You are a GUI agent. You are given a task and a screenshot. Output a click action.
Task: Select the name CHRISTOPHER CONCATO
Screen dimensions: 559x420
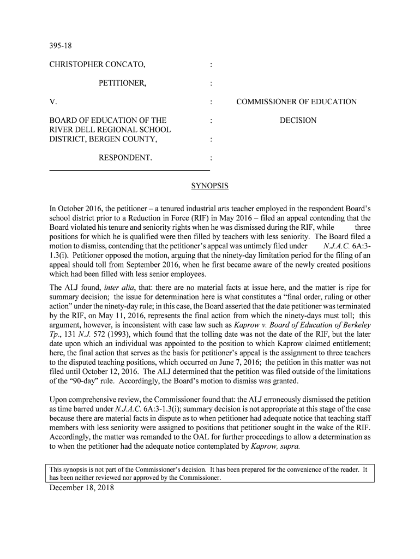[x=98, y=66]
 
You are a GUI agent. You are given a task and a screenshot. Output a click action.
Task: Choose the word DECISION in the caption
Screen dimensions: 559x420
[x=298, y=121]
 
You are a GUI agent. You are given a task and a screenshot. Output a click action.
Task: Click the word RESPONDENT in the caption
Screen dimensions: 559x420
[x=125, y=158]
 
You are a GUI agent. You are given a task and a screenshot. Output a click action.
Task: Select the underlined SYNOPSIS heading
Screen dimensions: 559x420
[x=209, y=186]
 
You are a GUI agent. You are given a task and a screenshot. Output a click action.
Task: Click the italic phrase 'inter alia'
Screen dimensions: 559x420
[x=119, y=287]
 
